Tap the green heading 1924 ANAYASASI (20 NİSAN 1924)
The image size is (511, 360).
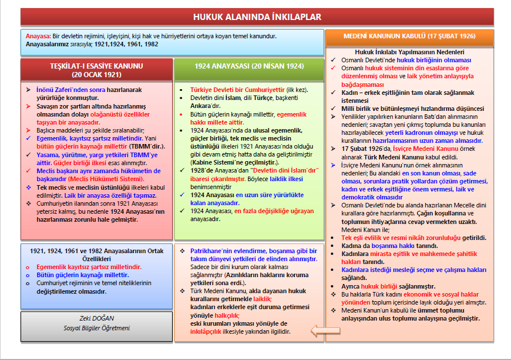coord(249,66)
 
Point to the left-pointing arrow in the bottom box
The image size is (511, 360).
coord(325,330)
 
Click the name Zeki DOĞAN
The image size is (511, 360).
coord(96,319)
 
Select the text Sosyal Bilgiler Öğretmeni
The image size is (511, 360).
coord(96,328)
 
